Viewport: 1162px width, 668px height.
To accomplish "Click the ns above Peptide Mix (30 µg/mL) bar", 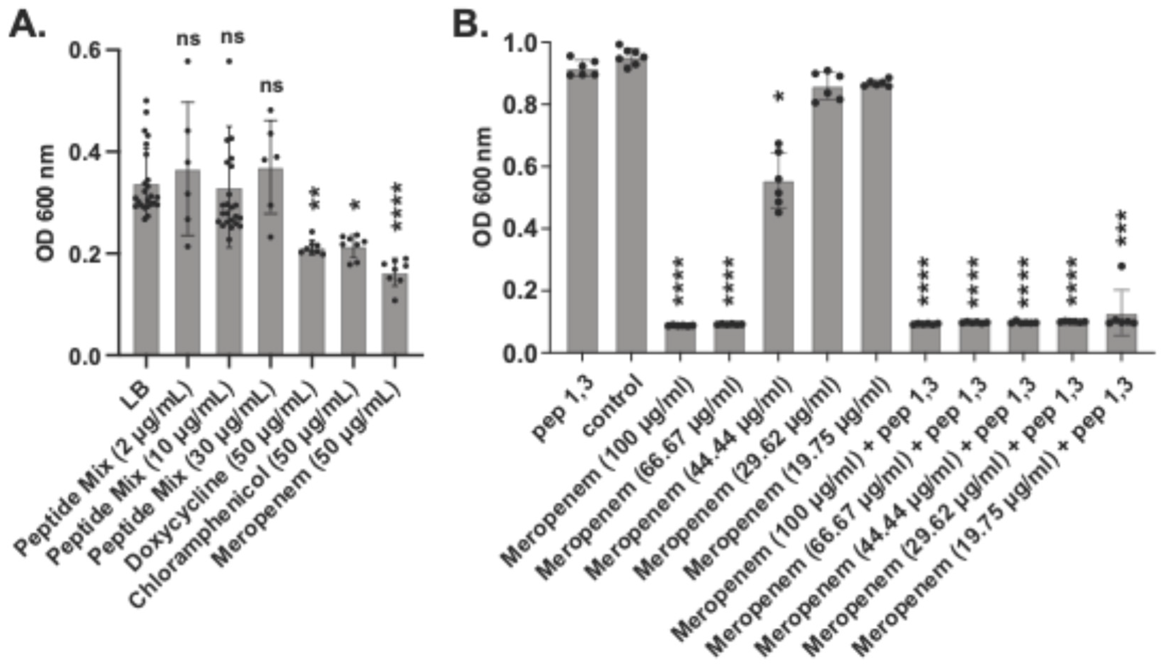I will [272, 86].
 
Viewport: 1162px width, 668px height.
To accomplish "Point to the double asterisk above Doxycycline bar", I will [315, 199].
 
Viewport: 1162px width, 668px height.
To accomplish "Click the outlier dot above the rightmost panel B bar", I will [1122, 266].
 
